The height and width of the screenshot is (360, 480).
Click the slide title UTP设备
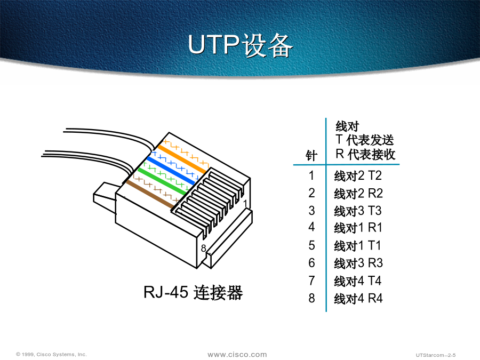(x=241, y=45)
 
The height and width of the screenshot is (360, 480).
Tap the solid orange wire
(x=182, y=159)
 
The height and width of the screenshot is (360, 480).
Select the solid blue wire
(x=171, y=171)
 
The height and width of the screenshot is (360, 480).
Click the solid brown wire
(x=150, y=194)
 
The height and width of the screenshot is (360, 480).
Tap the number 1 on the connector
(x=245, y=204)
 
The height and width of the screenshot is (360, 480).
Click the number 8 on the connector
(x=204, y=248)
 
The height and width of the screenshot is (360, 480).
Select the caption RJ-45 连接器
(x=193, y=292)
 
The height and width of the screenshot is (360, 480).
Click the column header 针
(x=311, y=156)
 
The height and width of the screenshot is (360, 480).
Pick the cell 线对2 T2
(x=358, y=175)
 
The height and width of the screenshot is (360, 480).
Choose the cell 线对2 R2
(x=358, y=194)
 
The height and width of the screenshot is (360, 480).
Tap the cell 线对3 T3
(x=358, y=211)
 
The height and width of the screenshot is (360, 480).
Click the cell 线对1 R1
(x=358, y=228)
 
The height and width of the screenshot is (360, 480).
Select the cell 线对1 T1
(x=357, y=245)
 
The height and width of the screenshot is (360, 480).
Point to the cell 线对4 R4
(x=358, y=298)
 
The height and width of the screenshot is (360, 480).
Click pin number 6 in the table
(x=311, y=263)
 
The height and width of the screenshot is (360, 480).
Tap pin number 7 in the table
(x=311, y=281)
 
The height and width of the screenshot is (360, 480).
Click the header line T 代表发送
(x=365, y=140)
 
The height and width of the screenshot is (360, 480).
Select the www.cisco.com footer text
(x=237, y=355)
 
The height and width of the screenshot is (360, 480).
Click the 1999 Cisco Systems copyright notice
(x=51, y=354)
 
